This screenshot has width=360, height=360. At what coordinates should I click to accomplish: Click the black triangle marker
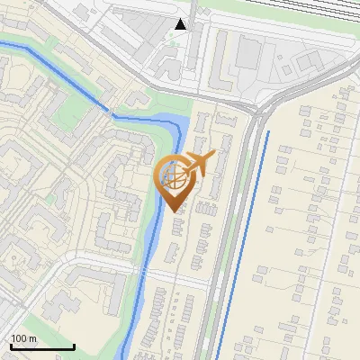[181, 24]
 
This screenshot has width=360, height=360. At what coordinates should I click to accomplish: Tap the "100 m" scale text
[23, 338]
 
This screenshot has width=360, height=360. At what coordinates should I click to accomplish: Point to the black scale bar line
[42, 346]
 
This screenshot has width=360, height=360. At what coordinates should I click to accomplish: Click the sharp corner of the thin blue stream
[111, 114]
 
